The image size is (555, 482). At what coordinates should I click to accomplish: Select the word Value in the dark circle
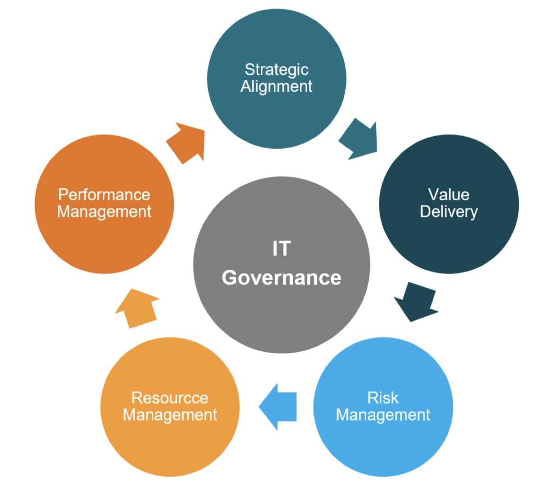(448, 195)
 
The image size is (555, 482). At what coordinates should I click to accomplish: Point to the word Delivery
(448, 212)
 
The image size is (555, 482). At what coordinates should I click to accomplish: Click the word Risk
(383, 397)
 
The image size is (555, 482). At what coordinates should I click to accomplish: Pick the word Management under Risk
(383, 415)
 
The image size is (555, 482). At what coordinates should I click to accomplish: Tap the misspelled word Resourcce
(170, 397)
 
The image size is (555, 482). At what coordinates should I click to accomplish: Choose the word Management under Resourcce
(170, 415)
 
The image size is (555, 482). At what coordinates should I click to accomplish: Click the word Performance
(104, 195)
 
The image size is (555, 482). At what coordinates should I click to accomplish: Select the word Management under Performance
(104, 212)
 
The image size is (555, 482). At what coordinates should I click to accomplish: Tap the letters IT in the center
(282, 248)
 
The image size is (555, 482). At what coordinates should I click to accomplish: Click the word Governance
(282, 277)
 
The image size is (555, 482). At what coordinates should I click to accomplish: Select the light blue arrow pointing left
(277, 407)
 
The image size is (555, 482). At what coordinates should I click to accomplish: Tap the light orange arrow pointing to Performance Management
(138, 308)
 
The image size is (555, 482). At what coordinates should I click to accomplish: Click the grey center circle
(282, 265)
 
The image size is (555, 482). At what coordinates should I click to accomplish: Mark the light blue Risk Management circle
(383, 407)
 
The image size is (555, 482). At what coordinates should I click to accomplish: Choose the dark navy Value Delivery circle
(449, 204)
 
